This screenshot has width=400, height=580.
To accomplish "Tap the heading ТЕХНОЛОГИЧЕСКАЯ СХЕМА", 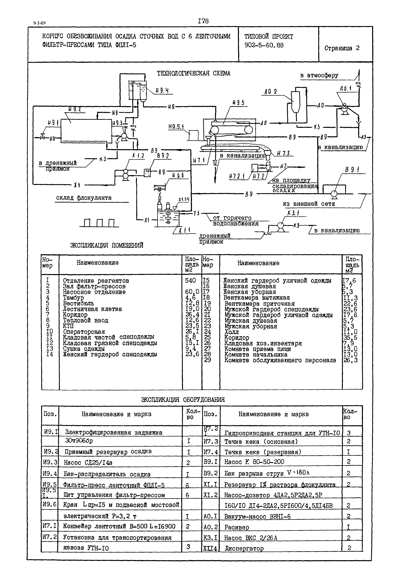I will click(193, 73).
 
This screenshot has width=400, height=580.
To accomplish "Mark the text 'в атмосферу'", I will click(319, 76).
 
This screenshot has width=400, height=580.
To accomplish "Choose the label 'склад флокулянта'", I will click(84, 198).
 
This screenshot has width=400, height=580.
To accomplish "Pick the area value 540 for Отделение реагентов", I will click(190, 281).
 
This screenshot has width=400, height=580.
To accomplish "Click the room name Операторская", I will click(84, 332).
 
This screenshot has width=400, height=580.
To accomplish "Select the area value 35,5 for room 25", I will click(350, 338).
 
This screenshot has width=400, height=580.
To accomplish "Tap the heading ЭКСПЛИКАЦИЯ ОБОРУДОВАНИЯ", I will click(183, 400).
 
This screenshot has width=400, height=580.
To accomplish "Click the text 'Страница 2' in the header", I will click(342, 48).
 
